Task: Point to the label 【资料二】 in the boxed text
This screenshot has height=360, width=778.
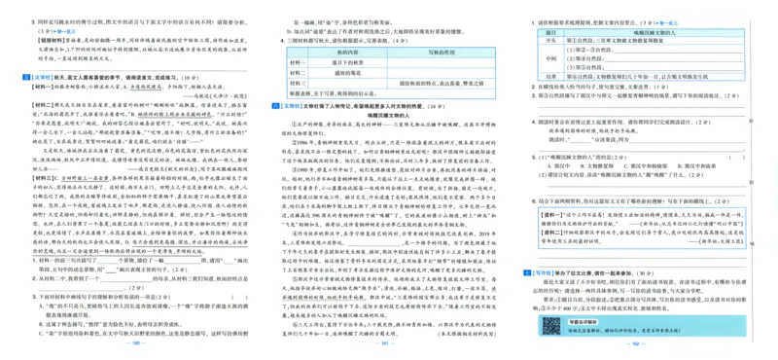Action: coord(547,230)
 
